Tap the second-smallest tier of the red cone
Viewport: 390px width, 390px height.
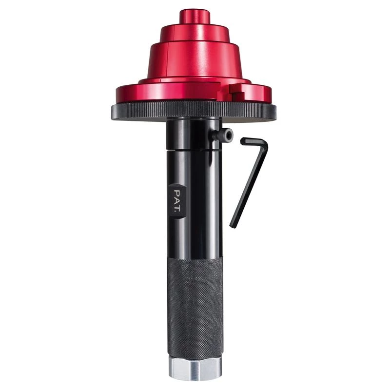coord(195,33)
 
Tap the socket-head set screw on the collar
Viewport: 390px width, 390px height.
coord(226,135)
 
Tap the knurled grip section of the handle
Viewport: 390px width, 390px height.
coord(195,307)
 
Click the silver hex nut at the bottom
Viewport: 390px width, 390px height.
coord(195,369)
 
